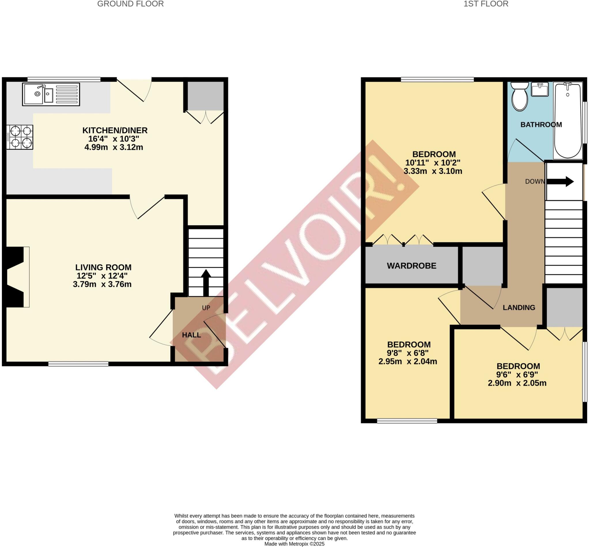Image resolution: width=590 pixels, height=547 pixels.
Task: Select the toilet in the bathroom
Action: (x=519, y=97)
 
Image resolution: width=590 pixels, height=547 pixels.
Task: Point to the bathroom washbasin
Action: (x=540, y=89)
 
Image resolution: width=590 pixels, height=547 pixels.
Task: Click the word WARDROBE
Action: (x=411, y=266)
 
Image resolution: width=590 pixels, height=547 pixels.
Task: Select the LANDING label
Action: (x=519, y=308)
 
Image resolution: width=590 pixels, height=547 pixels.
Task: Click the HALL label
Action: (x=191, y=335)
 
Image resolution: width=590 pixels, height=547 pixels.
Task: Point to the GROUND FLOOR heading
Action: (x=130, y=4)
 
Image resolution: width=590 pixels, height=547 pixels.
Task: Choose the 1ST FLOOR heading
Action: (x=486, y=4)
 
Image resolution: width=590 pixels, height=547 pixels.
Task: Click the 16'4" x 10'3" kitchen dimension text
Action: (x=114, y=139)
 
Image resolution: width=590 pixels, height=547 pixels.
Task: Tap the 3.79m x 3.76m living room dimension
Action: (x=102, y=284)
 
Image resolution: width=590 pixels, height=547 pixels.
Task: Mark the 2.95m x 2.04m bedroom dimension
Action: (x=408, y=361)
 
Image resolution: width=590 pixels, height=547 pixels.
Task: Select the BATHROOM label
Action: (x=541, y=125)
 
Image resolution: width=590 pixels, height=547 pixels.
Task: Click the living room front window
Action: (x=78, y=364)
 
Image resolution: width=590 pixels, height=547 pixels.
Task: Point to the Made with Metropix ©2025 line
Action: (x=294, y=544)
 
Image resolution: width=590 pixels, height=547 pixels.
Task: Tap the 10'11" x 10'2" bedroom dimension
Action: (x=433, y=162)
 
